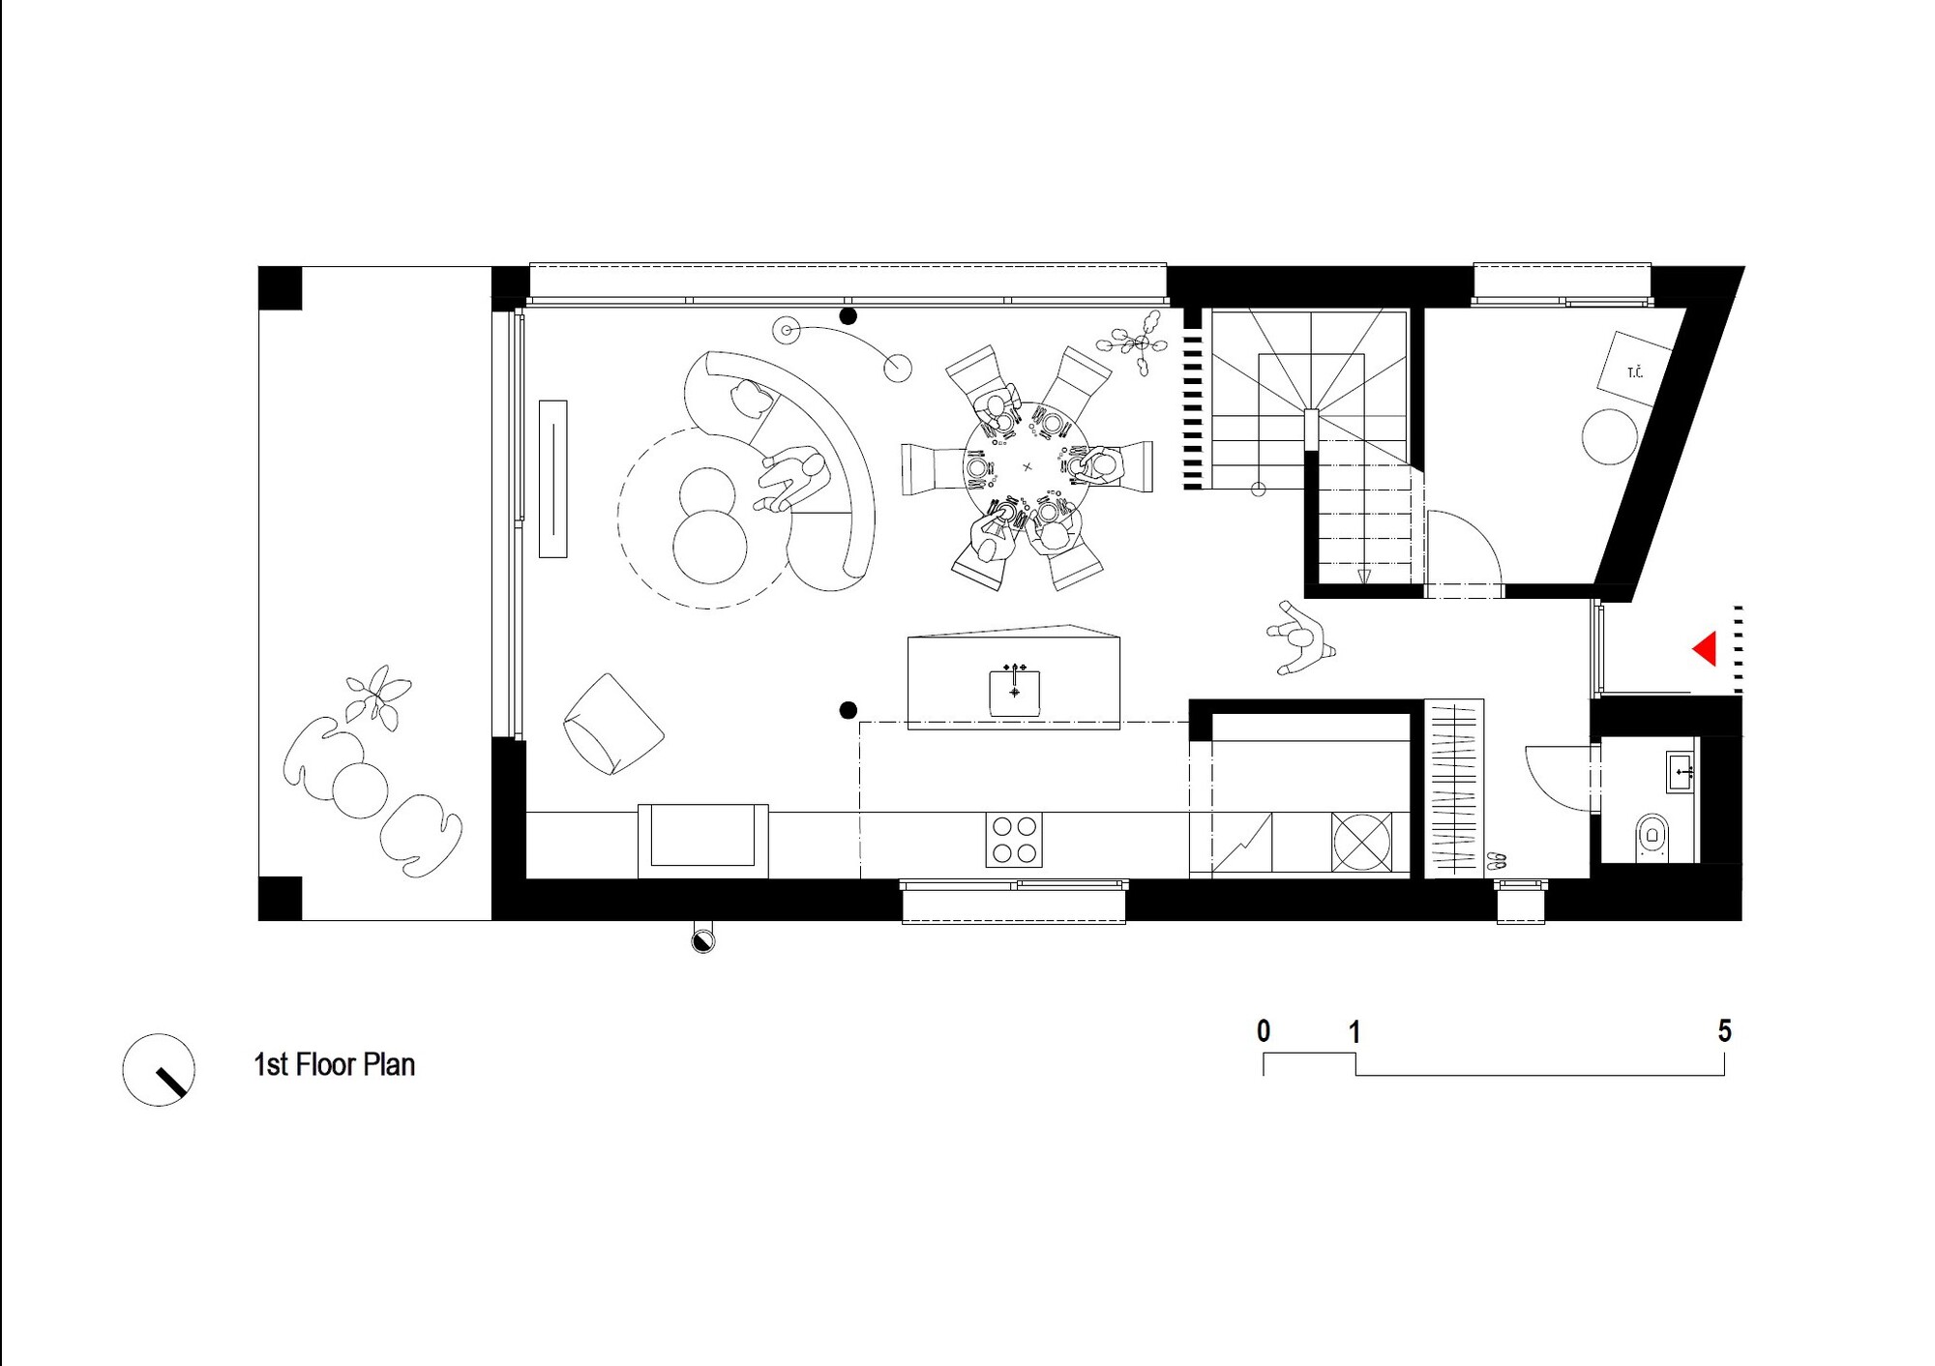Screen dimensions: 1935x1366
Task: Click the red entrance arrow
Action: (x=1706, y=648)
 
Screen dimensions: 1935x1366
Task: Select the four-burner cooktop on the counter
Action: (x=1014, y=839)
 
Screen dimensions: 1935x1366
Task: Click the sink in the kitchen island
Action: (x=1014, y=693)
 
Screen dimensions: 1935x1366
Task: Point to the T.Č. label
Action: (x=1635, y=372)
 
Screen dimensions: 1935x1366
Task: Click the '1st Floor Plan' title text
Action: (x=334, y=1064)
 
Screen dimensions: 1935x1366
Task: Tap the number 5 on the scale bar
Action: (x=1724, y=1031)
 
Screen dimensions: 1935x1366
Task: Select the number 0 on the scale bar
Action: (x=1264, y=1031)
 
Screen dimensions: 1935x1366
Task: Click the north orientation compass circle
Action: (x=159, y=1070)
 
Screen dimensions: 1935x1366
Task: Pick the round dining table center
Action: (x=1027, y=467)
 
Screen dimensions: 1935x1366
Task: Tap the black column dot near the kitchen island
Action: (x=848, y=711)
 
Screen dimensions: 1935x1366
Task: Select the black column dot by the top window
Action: (x=848, y=316)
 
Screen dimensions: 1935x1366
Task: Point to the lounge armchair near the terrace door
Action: (x=613, y=724)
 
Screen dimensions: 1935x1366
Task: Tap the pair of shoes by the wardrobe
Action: (x=1496, y=858)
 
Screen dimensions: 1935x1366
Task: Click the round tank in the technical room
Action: (x=1610, y=437)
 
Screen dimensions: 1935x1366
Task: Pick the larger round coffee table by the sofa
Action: (x=710, y=547)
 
